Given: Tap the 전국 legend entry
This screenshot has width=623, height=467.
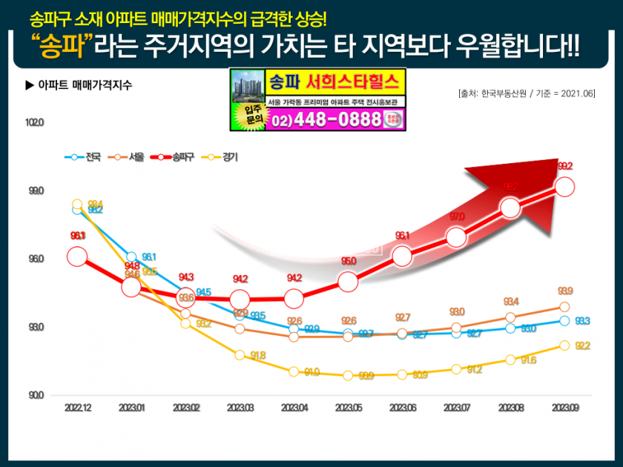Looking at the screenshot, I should coord(84,157).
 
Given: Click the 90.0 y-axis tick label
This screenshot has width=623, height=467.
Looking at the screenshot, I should coord(36,395).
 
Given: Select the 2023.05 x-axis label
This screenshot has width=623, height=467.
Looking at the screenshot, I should coord(348,408).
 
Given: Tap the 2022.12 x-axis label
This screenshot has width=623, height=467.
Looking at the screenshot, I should coord(77,408).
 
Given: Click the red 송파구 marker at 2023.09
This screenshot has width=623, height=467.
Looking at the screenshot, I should coord(564,186).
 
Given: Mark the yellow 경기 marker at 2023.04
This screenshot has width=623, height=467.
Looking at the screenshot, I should coord(294,371).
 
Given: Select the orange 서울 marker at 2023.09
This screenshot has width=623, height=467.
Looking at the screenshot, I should coord(564,307).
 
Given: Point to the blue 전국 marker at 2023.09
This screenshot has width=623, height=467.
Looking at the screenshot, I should coord(564,321).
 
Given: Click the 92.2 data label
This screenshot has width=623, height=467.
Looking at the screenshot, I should coord(583,346).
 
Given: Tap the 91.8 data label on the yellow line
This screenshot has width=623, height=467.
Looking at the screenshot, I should coord(258,356).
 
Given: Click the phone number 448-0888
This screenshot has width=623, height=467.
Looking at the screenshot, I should coord(338,120).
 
